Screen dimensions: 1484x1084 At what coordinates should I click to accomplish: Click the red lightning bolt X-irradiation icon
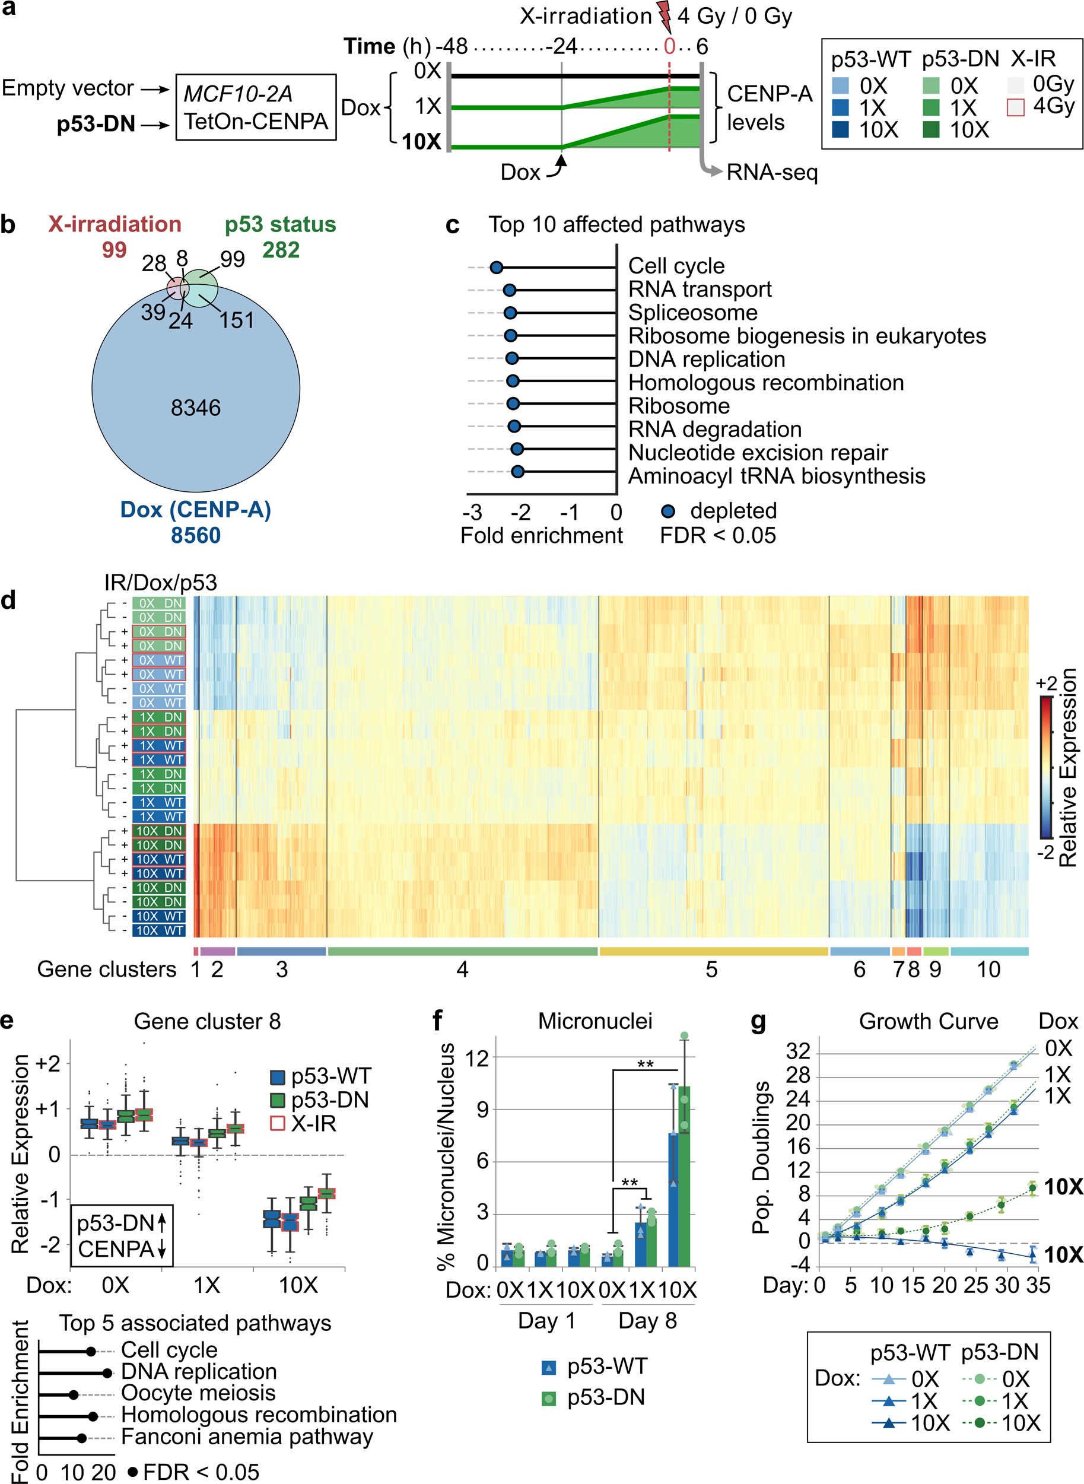[x=665, y=17]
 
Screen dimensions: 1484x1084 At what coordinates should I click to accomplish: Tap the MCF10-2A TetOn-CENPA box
[x=256, y=107]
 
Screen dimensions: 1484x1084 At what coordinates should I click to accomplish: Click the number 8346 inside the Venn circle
[x=196, y=408]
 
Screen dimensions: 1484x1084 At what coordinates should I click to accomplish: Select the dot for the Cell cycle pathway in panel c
[x=497, y=267]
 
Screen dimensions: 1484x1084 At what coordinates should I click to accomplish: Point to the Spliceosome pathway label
[x=692, y=312]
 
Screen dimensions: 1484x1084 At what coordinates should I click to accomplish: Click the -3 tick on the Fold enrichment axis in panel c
[x=472, y=511]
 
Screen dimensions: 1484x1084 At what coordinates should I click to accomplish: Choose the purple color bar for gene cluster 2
[x=217, y=951]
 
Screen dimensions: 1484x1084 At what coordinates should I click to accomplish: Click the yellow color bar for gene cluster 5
[x=713, y=951]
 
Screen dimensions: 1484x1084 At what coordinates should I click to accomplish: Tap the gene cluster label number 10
[x=988, y=970]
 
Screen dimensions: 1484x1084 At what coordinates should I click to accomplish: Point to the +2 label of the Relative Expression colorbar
[x=1046, y=684]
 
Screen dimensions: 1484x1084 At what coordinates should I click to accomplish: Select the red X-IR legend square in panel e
[x=278, y=1123]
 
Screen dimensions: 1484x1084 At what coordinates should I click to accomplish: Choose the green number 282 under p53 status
[x=281, y=250]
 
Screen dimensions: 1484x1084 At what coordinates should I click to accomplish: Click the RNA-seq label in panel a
[x=772, y=173]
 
